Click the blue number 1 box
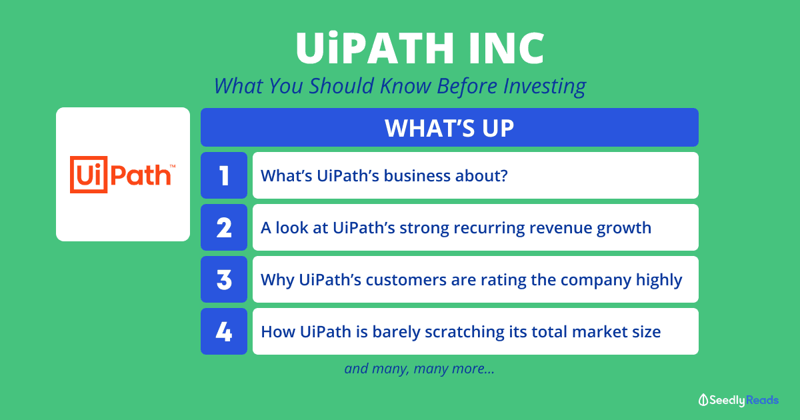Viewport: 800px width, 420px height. click(224, 175)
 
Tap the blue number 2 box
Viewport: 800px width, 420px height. click(224, 227)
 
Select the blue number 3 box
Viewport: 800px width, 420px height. click(224, 279)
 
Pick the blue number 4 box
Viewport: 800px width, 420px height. click(224, 331)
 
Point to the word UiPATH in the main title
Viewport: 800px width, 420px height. click(375, 47)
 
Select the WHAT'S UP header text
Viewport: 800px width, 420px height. click(449, 128)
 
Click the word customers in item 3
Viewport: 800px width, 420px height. click(406, 279)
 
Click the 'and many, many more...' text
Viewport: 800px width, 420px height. click(419, 369)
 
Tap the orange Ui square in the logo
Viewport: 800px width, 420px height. click(89, 175)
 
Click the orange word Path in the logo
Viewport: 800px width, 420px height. click(141, 175)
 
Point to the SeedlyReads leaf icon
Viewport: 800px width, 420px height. click(703, 400)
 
